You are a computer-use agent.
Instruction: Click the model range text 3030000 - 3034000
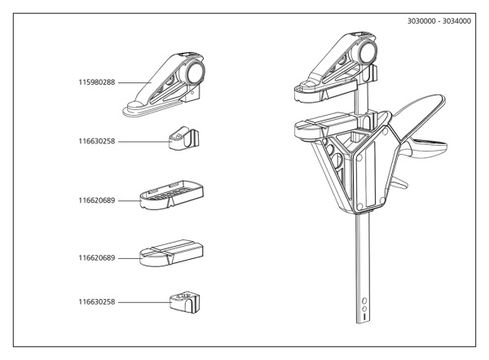coord(438,22)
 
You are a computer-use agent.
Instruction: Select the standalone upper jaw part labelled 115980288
coord(167,85)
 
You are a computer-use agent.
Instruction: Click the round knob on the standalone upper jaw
coord(195,72)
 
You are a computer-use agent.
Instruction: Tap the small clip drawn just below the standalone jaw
coord(185,138)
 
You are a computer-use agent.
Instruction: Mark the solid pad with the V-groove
coord(172,253)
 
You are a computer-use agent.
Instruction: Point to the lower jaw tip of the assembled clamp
coord(306,129)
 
